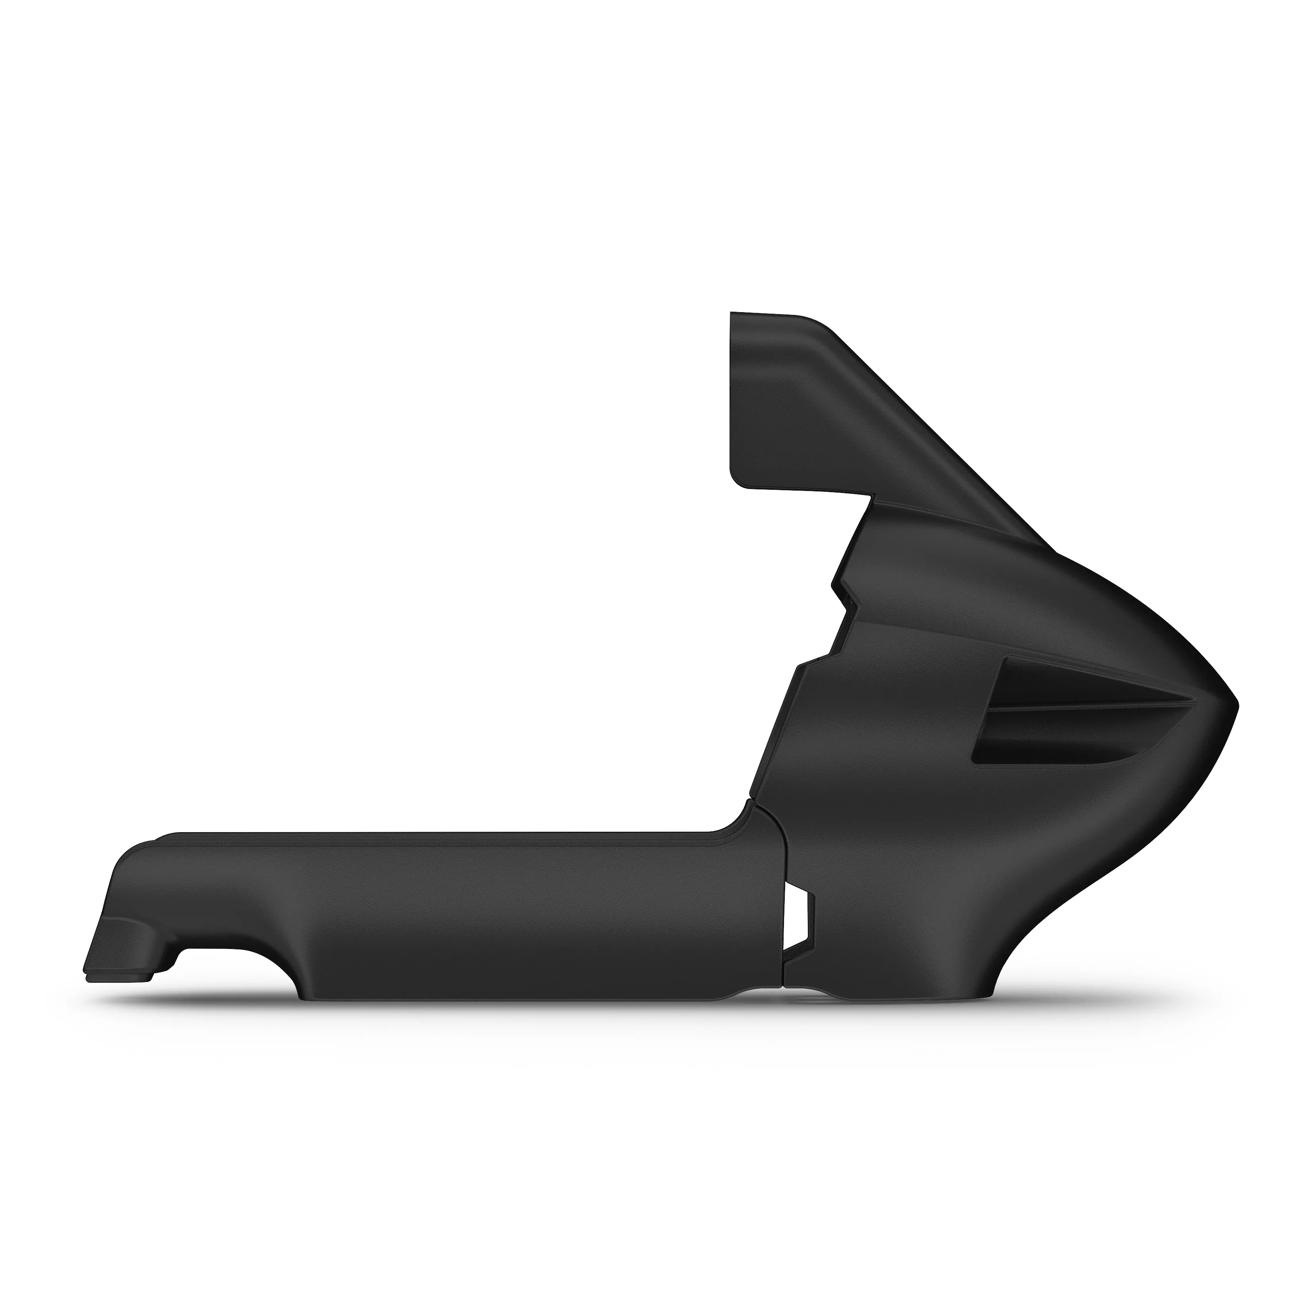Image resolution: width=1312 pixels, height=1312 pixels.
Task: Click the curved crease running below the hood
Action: [985, 543]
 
